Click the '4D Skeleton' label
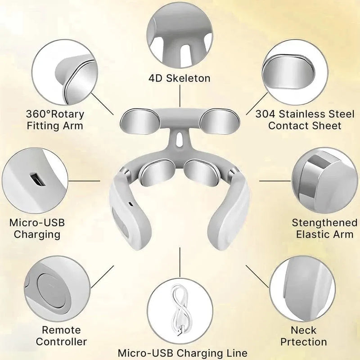(180, 78)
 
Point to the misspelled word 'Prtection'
(303, 342)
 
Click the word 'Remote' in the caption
(61, 330)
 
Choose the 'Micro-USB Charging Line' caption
(183, 353)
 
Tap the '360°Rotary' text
(55, 114)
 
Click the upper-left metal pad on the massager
(140, 121)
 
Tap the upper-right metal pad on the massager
(220, 121)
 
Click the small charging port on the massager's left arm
(130, 204)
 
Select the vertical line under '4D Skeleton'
(180, 96)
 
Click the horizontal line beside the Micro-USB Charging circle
(84, 181)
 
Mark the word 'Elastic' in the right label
(311, 234)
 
